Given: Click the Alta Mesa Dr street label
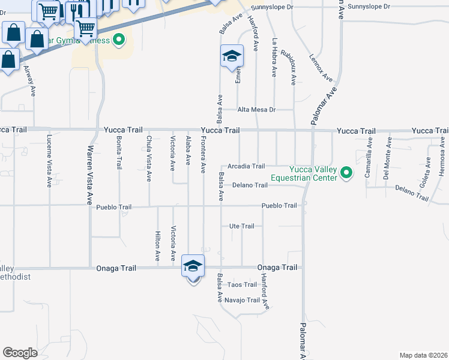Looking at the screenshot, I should (256, 110).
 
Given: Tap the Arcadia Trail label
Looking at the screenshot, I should (246, 166).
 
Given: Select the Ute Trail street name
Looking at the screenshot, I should (242, 226).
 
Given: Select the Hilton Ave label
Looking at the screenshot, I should (158, 245).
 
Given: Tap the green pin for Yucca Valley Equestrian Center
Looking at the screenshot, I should (346, 174).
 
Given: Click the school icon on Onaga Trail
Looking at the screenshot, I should (193, 265).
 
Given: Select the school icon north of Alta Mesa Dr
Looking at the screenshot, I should (232, 56).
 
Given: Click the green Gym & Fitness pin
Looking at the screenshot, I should (119, 40).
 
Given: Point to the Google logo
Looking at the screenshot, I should (20, 353).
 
